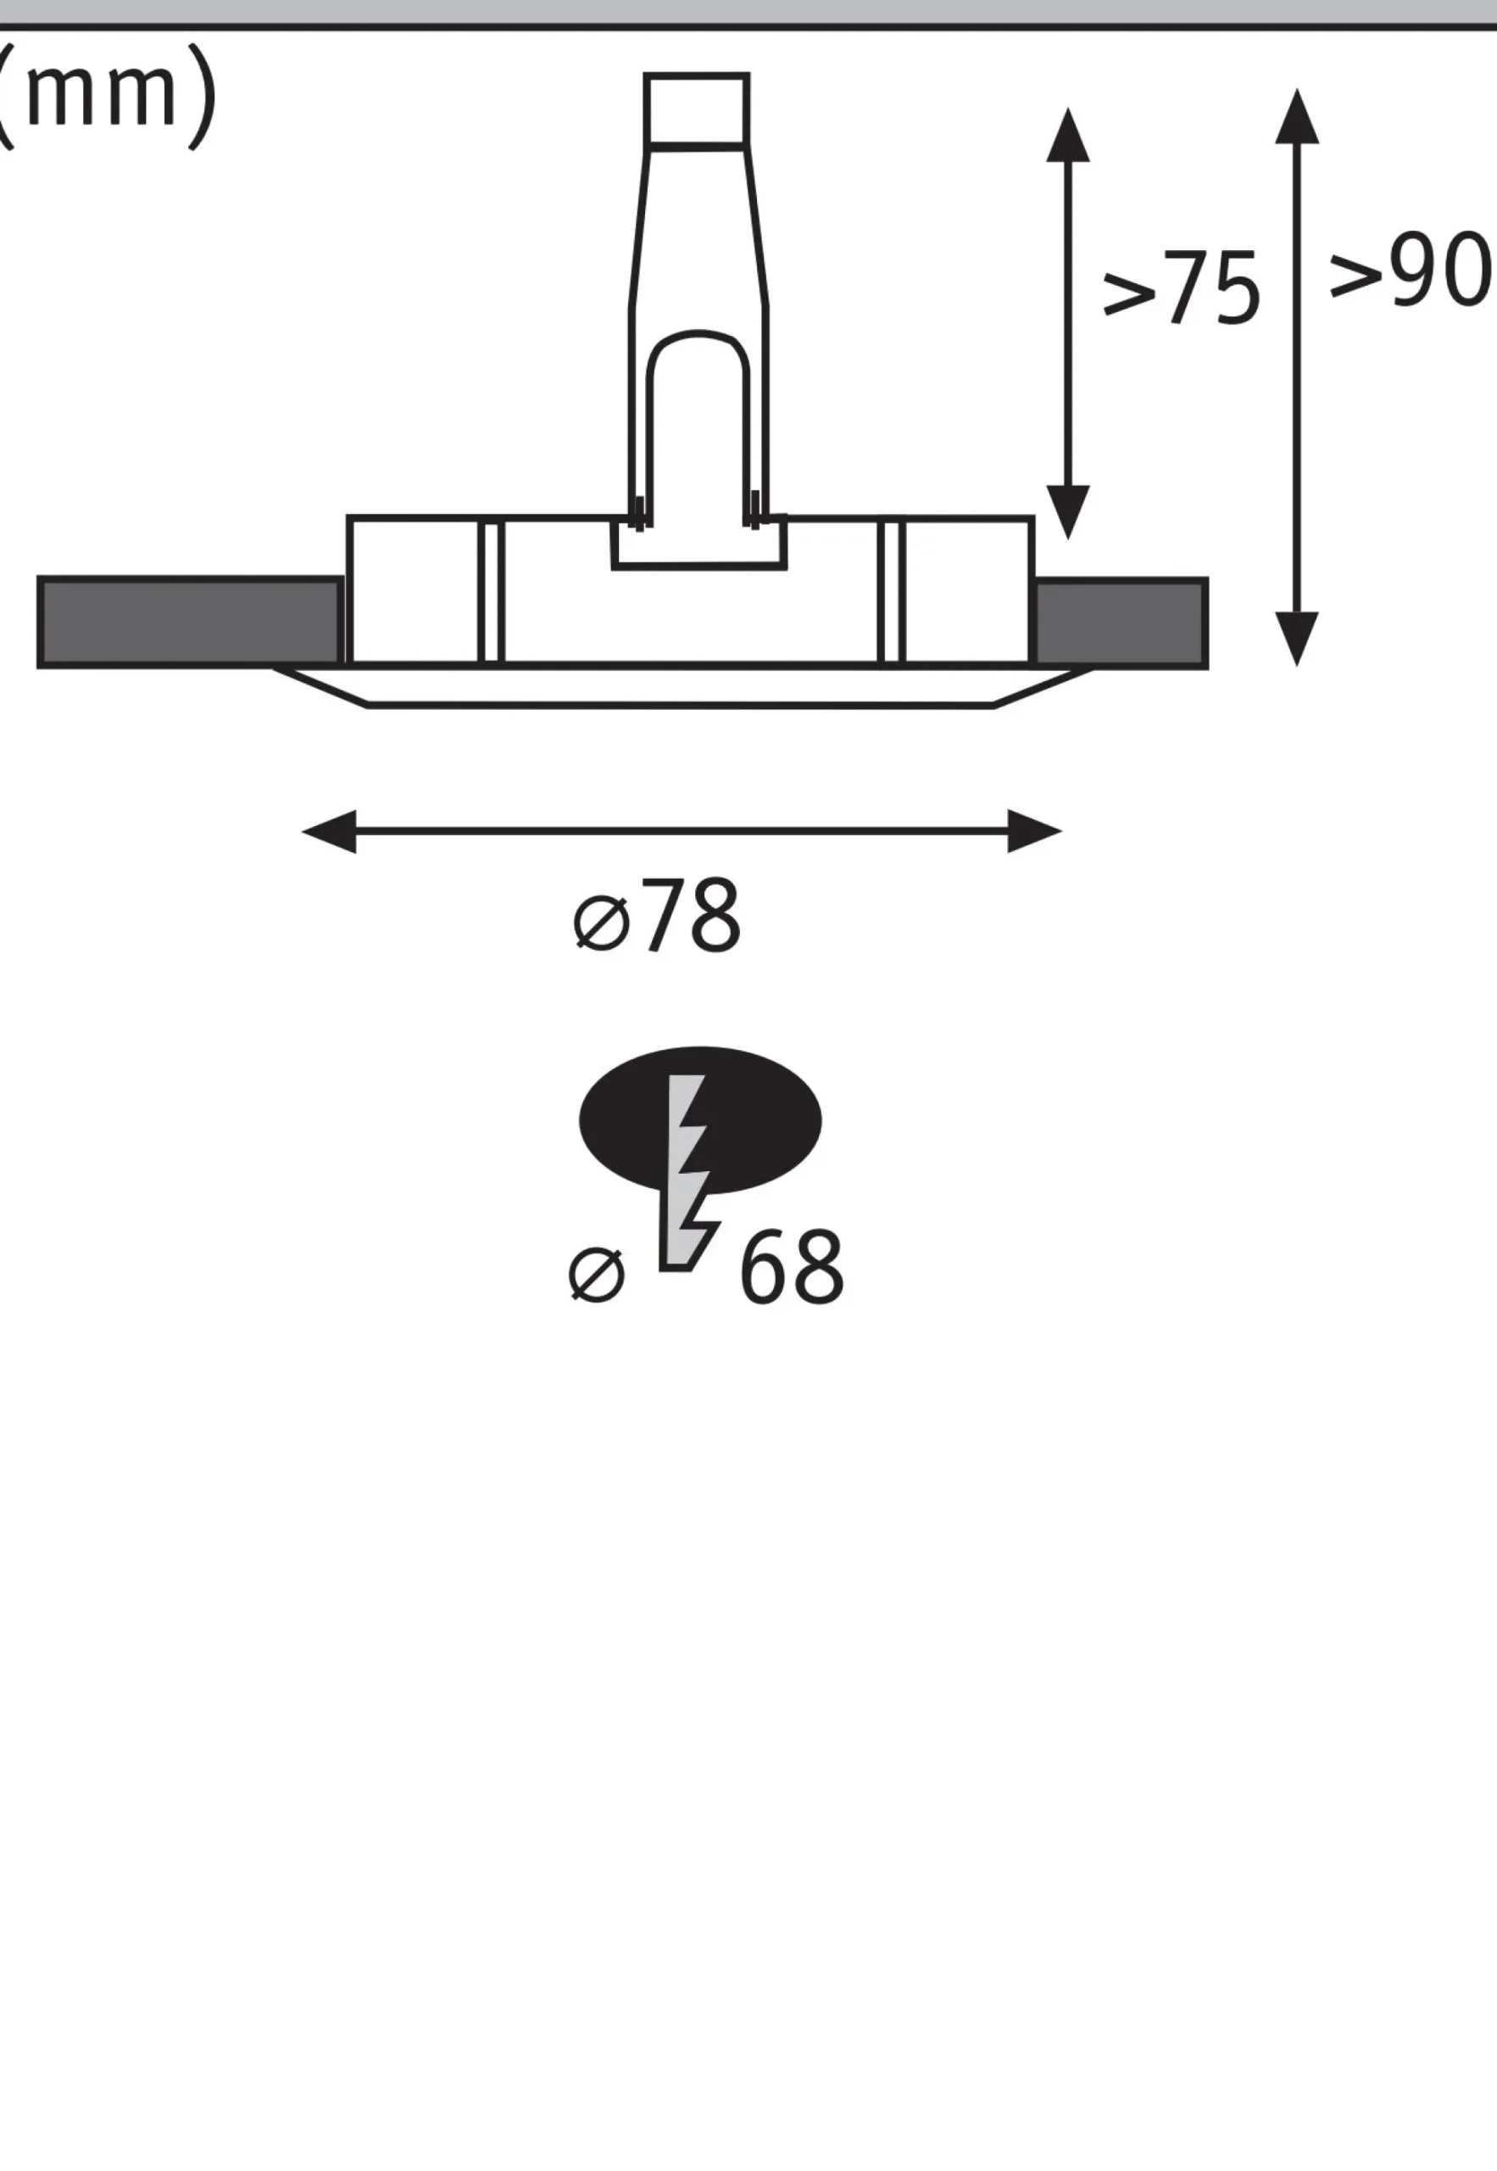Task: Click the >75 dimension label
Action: (1180, 288)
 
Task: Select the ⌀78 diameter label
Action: (657, 917)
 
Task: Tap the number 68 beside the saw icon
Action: (792, 1268)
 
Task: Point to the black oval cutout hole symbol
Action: (699, 1119)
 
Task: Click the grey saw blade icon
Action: (687, 1173)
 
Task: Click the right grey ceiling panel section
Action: (1120, 623)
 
